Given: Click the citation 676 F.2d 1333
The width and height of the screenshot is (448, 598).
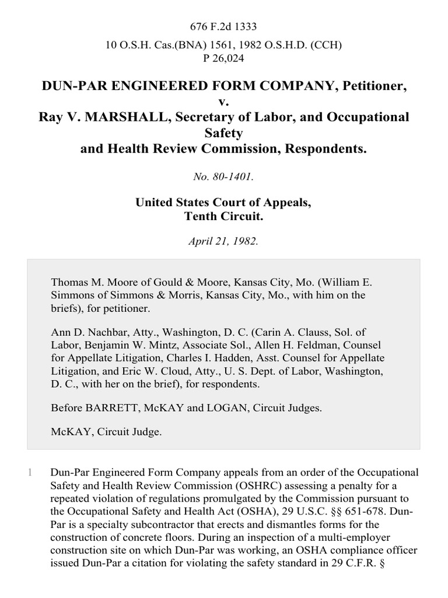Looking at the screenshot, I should (224, 27).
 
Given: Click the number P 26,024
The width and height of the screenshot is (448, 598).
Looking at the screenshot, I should (224, 58).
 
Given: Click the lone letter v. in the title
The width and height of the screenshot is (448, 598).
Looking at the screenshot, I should (224, 102).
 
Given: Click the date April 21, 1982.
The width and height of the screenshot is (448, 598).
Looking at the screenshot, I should (224, 241).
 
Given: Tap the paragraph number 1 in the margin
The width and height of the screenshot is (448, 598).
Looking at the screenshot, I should (29, 472).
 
